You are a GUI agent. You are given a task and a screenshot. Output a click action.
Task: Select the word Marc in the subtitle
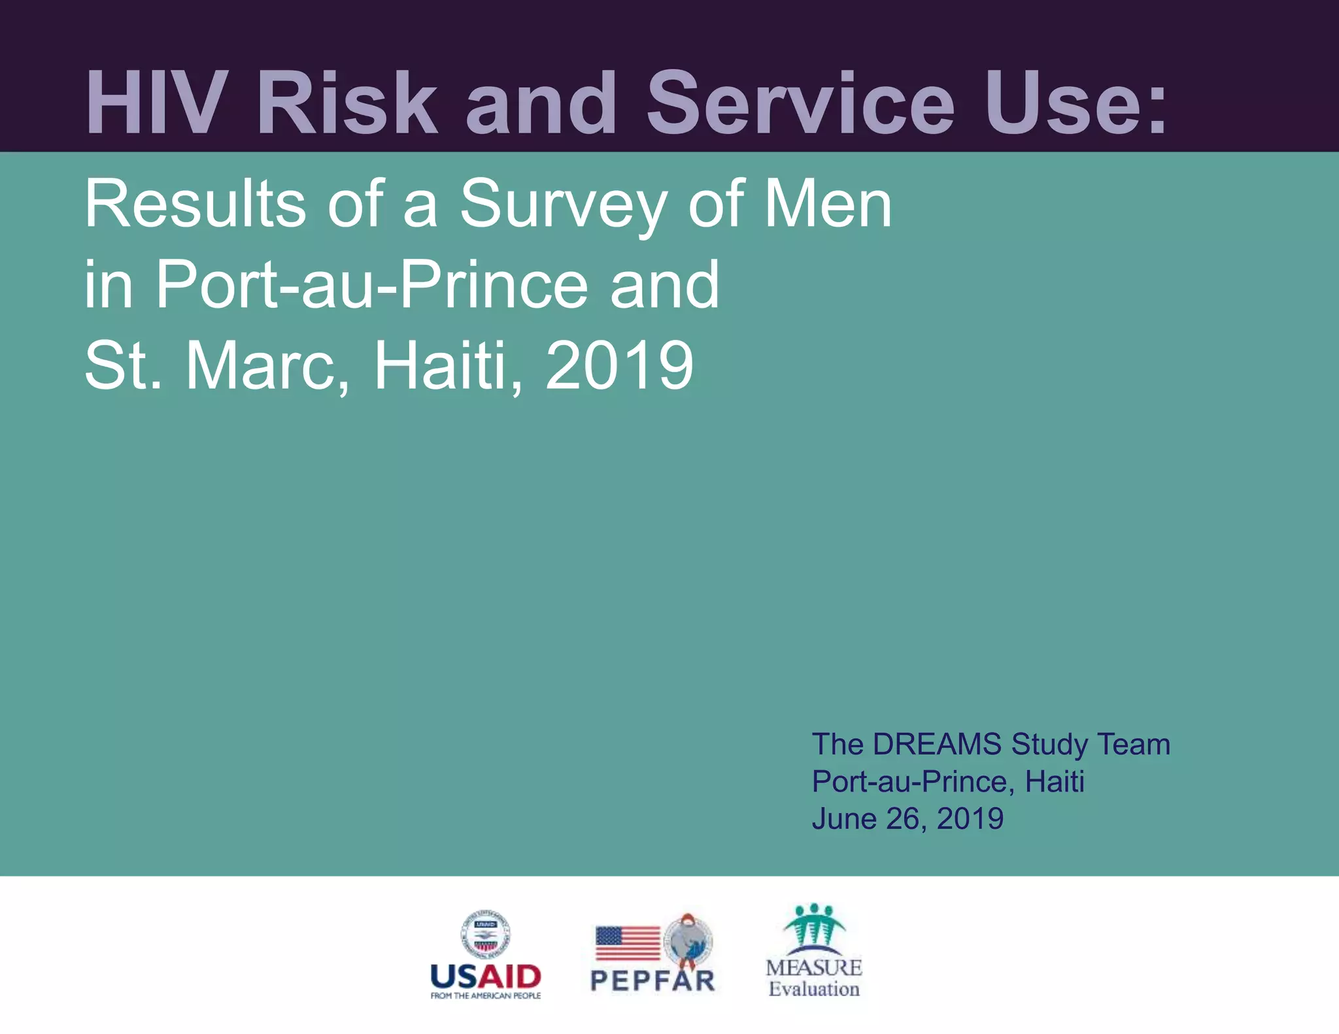point(268,366)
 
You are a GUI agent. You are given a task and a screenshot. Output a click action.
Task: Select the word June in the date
point(844,819)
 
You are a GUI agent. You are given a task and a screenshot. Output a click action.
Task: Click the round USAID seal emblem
point(485,935)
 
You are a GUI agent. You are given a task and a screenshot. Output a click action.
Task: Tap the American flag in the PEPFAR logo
point(628,943)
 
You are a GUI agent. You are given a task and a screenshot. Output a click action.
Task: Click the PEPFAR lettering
point(653,981)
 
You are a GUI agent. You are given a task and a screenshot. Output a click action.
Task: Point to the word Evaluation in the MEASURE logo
point(814,989)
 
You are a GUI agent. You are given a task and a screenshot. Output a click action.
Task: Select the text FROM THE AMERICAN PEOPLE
point(485,995)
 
